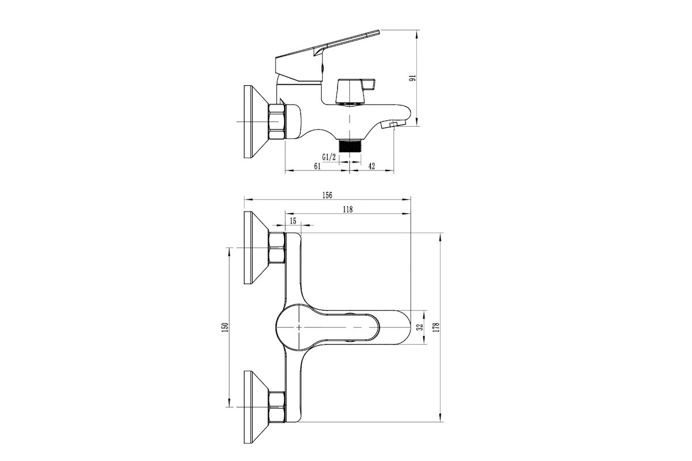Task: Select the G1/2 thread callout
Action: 329,157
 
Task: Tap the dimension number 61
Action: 317,166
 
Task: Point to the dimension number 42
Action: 371,166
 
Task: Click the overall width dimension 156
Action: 327,195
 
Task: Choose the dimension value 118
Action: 348,209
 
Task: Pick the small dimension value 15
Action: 293,221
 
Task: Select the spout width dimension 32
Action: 419,327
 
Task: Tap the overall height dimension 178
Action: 436,327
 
